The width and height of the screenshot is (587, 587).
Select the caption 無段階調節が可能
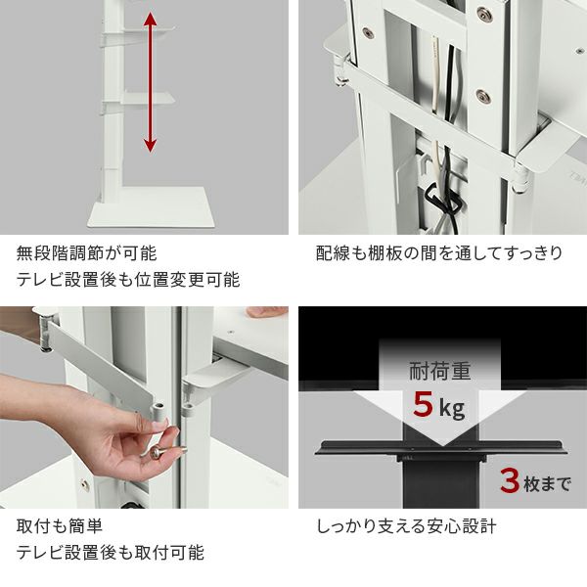tap(86, 253)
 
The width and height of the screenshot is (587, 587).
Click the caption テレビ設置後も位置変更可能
tap(127, 280)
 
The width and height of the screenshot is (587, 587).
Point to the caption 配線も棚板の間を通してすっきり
tap(439, 253)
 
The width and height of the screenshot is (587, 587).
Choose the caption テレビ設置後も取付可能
tap(111, 553)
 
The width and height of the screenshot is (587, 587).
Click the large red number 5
tap(423, 404)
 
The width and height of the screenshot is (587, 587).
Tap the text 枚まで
tap(547, 483)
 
